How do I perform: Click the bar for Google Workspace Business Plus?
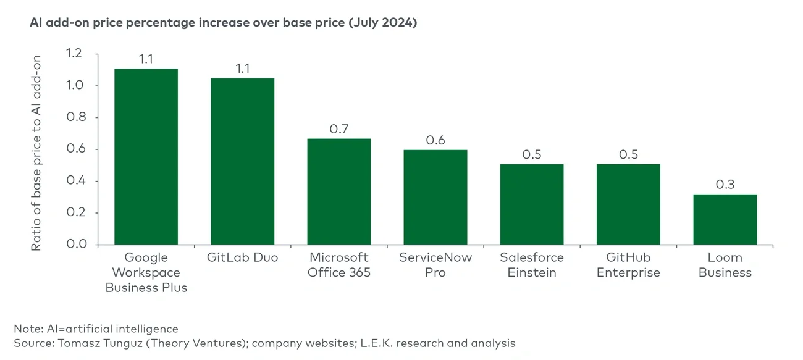(x=146, y=157)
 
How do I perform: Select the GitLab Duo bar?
(x=242, y=162)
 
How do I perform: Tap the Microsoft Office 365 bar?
(x=339, y=191)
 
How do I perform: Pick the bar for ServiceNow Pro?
(x=435, y=197)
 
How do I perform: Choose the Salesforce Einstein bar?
(x=532, y=204)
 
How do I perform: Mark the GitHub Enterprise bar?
(x=628, y=204)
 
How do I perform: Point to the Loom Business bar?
(x=725, y=219)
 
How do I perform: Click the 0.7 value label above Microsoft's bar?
(x=339, y=129)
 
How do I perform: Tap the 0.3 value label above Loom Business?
(x=725, y=185)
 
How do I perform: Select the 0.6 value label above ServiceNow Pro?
(x=435, y=140)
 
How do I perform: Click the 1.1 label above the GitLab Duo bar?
(x=242, y=69)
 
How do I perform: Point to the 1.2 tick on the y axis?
(x=74, y=54)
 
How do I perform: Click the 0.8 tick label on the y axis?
(x=74, y=117)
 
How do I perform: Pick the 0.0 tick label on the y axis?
(x=74, y=245)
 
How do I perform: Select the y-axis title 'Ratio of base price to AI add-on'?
(x=36, y=153)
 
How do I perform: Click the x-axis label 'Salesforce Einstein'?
(x=532, y=265)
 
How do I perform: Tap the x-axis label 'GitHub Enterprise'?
(x=628, y=265)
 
